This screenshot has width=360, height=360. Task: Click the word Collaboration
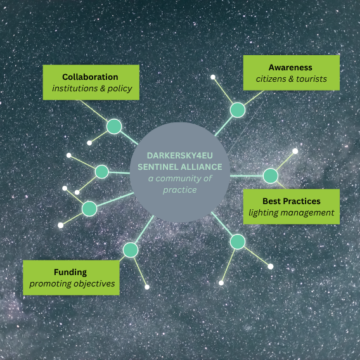[90, 77]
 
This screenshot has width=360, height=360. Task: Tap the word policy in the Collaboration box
[120, 89]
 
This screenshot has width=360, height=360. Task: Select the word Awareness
[290, 67]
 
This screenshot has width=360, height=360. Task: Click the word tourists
[311, 79]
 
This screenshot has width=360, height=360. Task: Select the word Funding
[70, 273]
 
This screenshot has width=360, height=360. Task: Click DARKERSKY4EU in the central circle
[180, 156]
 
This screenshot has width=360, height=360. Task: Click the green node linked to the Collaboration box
[114, 127]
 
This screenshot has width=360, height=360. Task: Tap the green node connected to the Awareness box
[238, 110]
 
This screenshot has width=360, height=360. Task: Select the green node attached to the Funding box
[131, 250]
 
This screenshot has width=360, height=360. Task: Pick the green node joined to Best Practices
[271, 176]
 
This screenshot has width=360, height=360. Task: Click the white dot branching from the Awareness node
[213, 77]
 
